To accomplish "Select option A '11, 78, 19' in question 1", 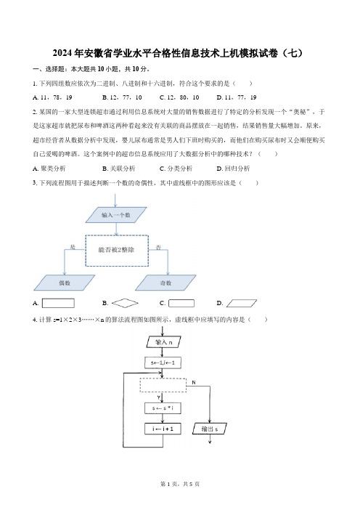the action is coord(52,97).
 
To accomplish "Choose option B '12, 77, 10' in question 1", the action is coord(122,97).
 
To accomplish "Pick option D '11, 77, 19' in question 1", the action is coord(237,97).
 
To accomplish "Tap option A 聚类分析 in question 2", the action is coord(49,169).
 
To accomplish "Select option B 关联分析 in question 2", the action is coord(118,169).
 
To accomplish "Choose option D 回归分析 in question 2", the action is coord(233,169).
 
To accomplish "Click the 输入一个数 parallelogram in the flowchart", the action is coord(116,215).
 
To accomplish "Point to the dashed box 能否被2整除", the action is coord(117,251).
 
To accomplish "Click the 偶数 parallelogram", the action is coord(65,283).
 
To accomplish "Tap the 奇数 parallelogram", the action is coord(165,283).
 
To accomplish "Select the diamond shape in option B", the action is coord(125,304).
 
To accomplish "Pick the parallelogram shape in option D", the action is coord(242,304).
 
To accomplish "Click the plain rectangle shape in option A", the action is coord(58,303).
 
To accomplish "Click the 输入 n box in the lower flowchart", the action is coord(163,342).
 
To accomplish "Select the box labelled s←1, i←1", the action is coord(163,363).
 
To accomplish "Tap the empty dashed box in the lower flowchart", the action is coord(163,386).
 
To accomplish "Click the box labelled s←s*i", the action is coord(163,408).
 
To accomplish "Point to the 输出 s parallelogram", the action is coord(210,429).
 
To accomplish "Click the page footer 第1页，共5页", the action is coord(180,484).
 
